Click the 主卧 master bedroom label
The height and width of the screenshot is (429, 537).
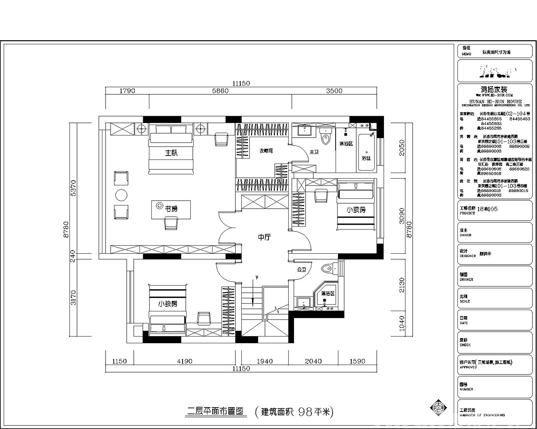171,153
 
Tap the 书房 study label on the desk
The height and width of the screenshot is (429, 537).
171,209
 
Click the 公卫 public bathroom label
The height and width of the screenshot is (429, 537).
301,270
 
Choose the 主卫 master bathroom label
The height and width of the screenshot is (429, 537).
314,152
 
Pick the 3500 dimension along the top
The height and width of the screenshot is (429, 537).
334,91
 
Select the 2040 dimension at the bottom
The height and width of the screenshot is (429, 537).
313,361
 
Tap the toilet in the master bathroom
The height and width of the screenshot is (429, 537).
325,136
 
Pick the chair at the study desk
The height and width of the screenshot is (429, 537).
170,223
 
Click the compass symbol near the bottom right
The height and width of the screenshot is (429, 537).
437,408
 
